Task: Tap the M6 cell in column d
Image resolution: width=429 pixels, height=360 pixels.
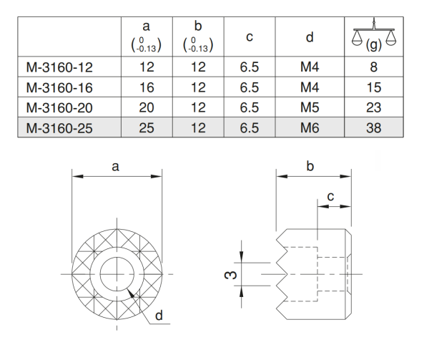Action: [x=309, y=129]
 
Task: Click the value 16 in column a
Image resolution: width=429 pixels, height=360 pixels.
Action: [x=146, y=88]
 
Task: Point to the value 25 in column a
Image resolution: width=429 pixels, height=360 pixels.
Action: [x=146, y=129]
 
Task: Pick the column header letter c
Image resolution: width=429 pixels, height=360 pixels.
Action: [x=249, y=37]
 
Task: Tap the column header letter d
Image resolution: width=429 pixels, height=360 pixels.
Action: [x=309, y=37]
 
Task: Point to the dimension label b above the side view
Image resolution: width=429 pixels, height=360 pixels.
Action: [x=310, y=166]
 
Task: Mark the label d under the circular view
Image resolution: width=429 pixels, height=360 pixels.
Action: [x=158, y=313]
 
